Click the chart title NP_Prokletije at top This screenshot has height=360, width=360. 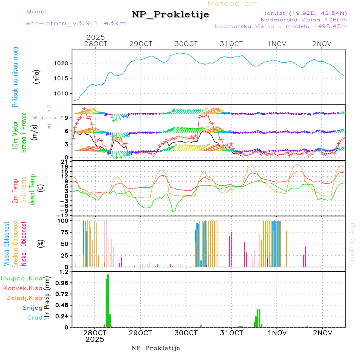pos(170,15)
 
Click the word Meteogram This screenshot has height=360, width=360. pos(233,4)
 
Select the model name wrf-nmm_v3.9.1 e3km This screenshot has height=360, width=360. pos(76,23)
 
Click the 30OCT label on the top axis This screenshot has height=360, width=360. pos(186,44)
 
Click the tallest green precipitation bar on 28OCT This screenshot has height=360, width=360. pos(108,300)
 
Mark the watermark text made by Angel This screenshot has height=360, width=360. pos(352,240)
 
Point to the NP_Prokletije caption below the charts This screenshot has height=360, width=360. pos(156,348)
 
